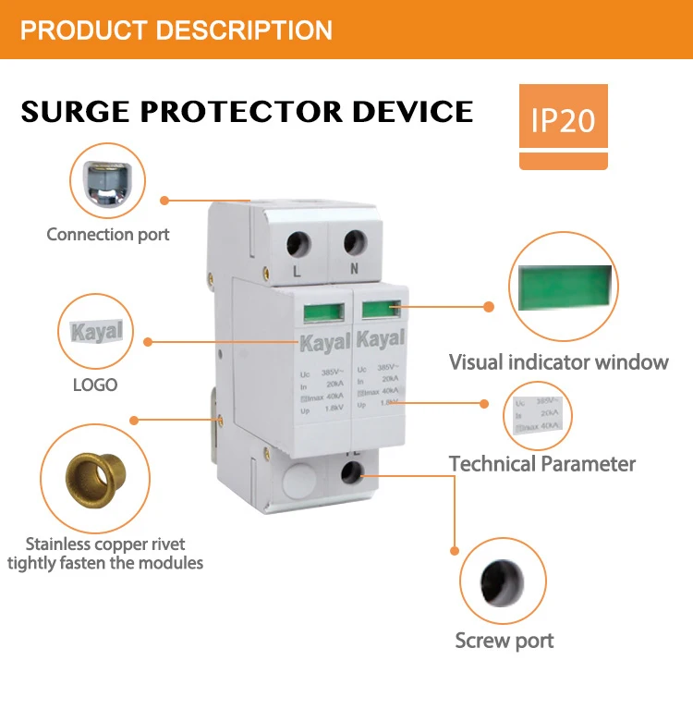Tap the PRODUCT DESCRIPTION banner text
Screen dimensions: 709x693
tap(176, 30)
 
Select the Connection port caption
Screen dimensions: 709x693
tap(108, 234)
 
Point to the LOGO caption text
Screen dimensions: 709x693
tap(95, 384)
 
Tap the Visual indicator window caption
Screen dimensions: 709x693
tap(558, 361)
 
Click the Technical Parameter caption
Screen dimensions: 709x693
tap(542, 463)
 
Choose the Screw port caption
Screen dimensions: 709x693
tap(505, 640)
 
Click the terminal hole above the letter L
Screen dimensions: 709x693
tap(298, 244)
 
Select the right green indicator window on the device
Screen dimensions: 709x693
tap(380, 310)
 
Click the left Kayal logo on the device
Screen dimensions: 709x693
tap(324, 340)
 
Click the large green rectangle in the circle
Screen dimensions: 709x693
tap(563, 287)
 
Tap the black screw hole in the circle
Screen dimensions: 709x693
tap(503, 580)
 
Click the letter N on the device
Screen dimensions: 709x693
tap(356, 271)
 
